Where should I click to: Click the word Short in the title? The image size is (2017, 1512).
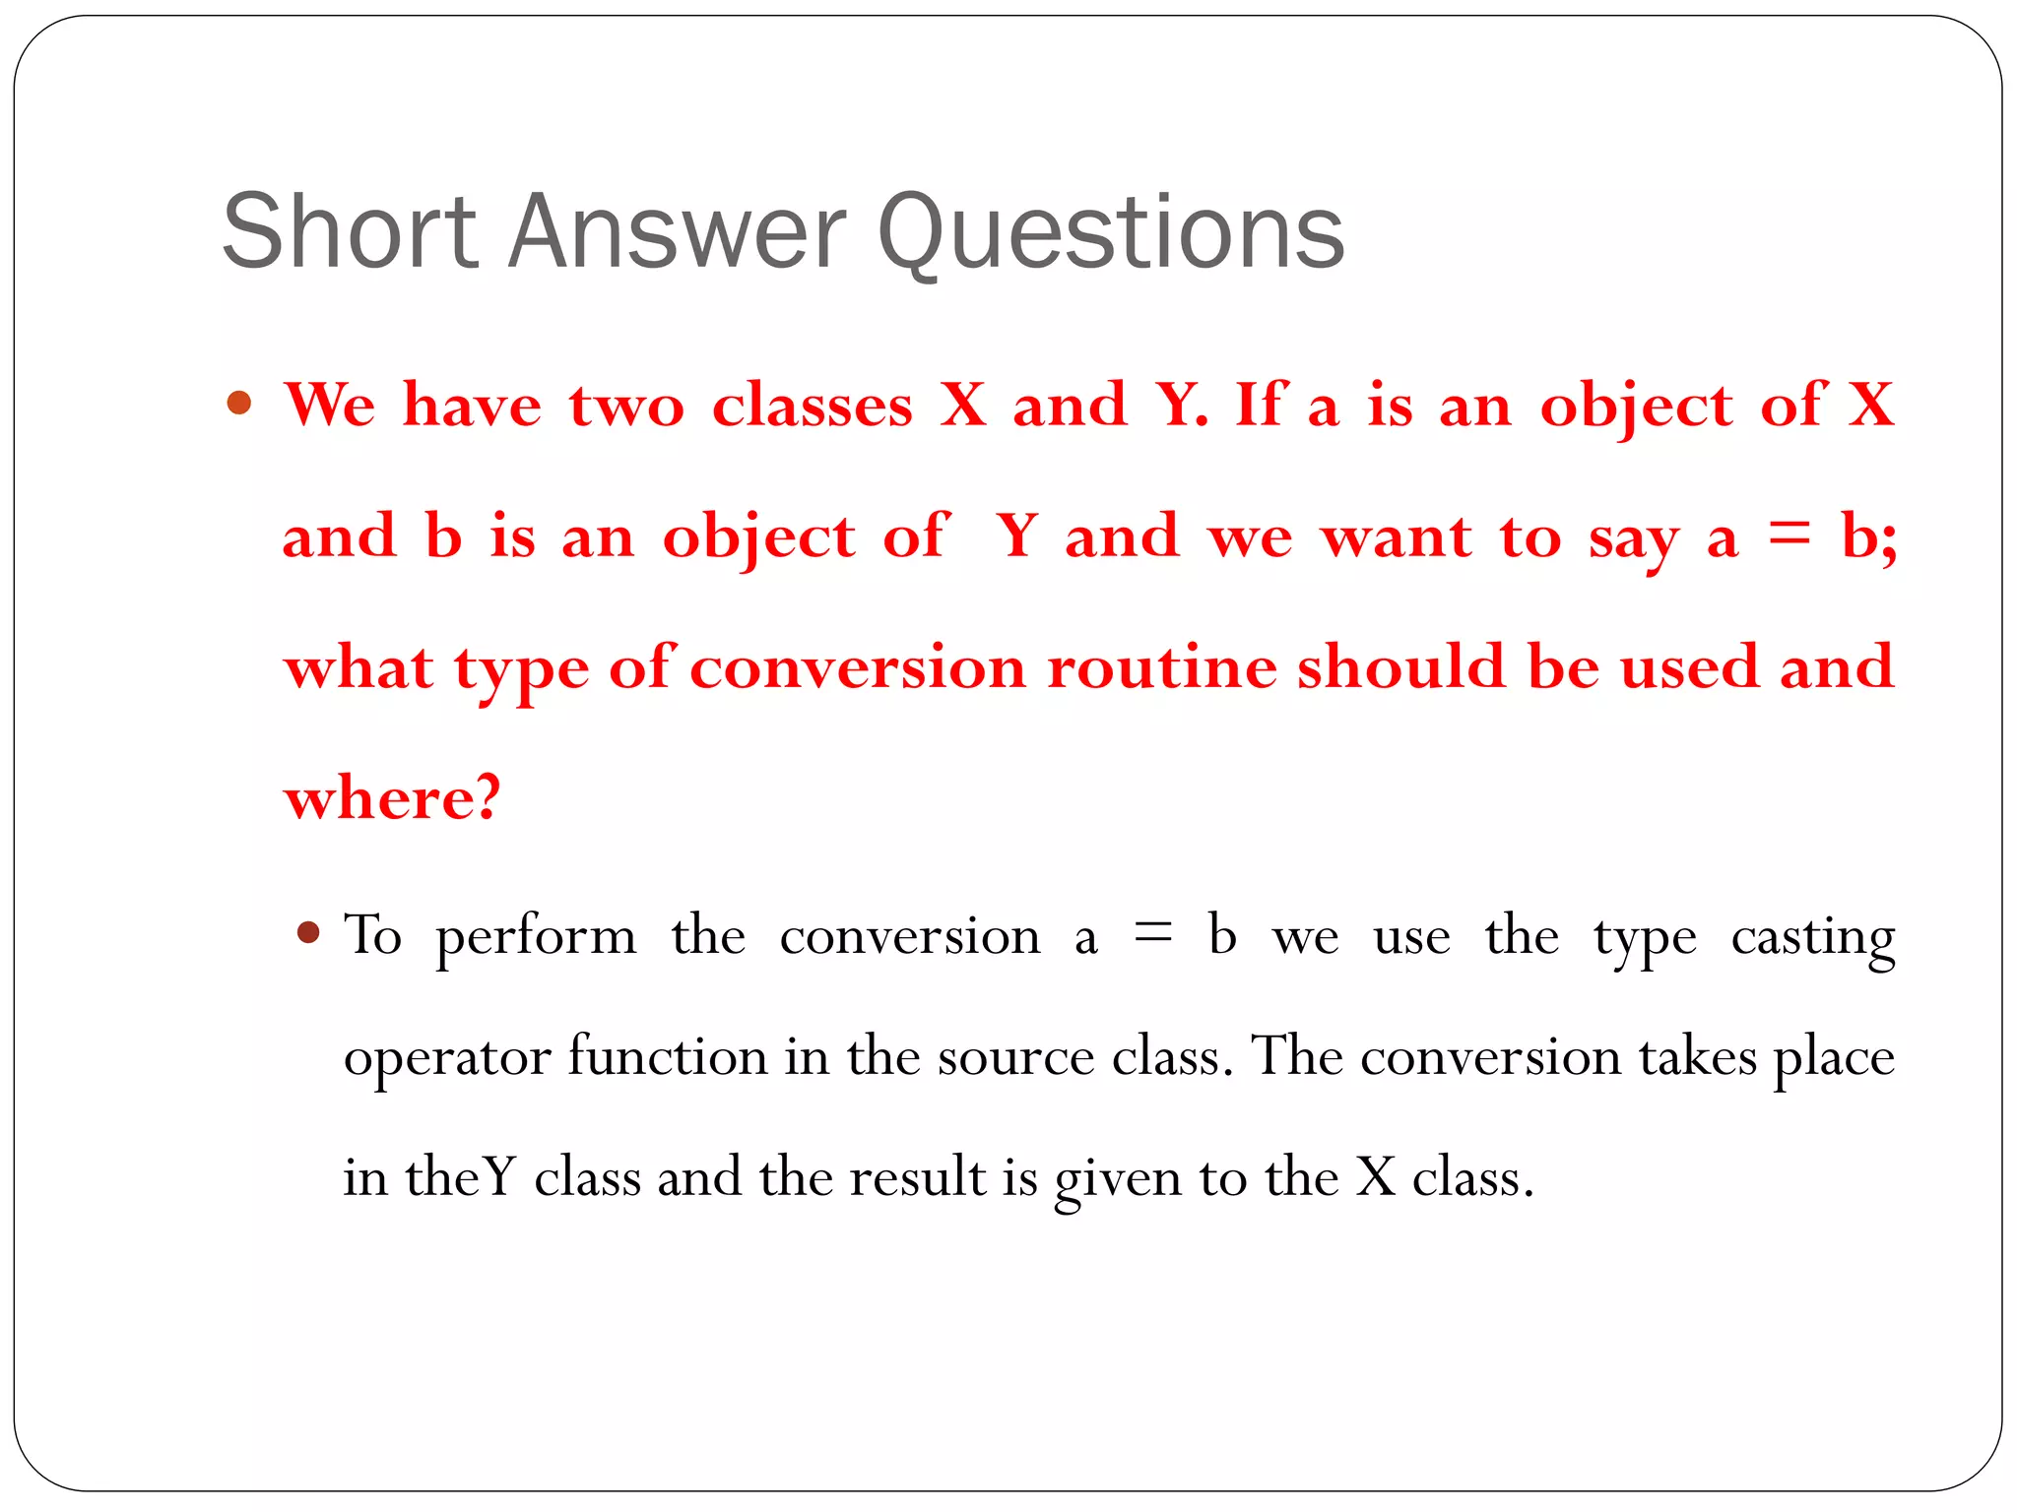[351, 232]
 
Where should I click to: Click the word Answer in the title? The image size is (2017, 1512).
[677, 232]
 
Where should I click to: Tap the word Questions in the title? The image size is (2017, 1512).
[1110, 234]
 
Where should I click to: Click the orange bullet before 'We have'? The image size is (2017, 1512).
[239, 403]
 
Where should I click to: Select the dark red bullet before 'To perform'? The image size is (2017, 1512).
[309, 932]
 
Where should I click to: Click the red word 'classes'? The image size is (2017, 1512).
[813, 406]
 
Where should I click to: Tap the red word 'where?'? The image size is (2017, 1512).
[392, 797]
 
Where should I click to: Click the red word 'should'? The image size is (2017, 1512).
[1400, 667]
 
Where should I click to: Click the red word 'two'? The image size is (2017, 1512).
[625, 406]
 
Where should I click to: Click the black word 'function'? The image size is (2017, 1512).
[667, 1056]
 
